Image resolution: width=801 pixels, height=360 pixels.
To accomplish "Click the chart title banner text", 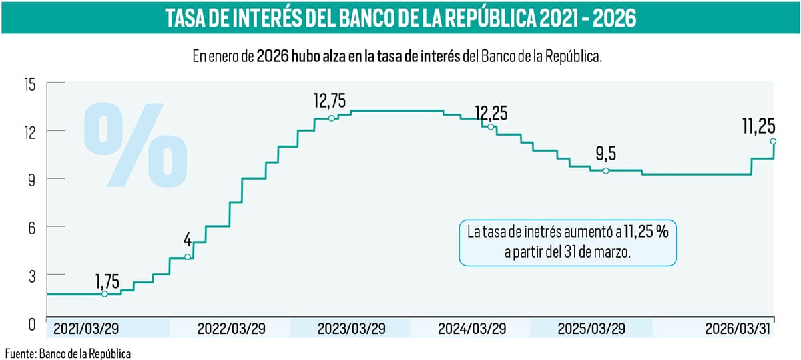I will click(400, 18).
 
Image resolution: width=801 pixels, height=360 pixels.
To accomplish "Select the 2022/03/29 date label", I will click(230, 329).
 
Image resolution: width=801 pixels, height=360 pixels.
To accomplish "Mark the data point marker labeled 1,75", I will click(105, 294).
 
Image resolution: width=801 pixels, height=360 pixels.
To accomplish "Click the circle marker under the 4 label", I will click(188, 257).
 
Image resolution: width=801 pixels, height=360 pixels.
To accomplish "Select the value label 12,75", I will click(330, 100).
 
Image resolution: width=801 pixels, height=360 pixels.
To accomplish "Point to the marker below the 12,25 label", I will click(491, 127).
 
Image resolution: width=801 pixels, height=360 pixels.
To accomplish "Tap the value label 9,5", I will click(605, 154).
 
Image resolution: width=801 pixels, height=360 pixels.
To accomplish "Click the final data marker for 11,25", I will click(773, 142).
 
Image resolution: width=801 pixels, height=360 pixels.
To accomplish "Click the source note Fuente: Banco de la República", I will click(68, 352).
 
